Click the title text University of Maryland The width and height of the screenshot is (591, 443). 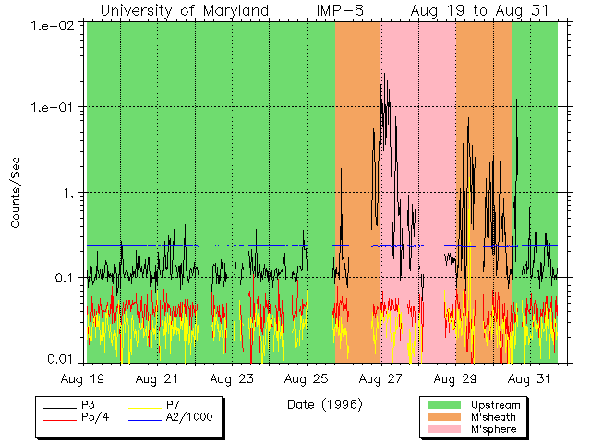[x=185, y=10]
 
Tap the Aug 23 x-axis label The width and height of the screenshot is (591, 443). [x=232, y=378]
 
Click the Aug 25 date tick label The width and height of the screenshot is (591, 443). [x=307, y=378]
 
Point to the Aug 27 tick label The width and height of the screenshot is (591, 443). [x=380, y=378]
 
